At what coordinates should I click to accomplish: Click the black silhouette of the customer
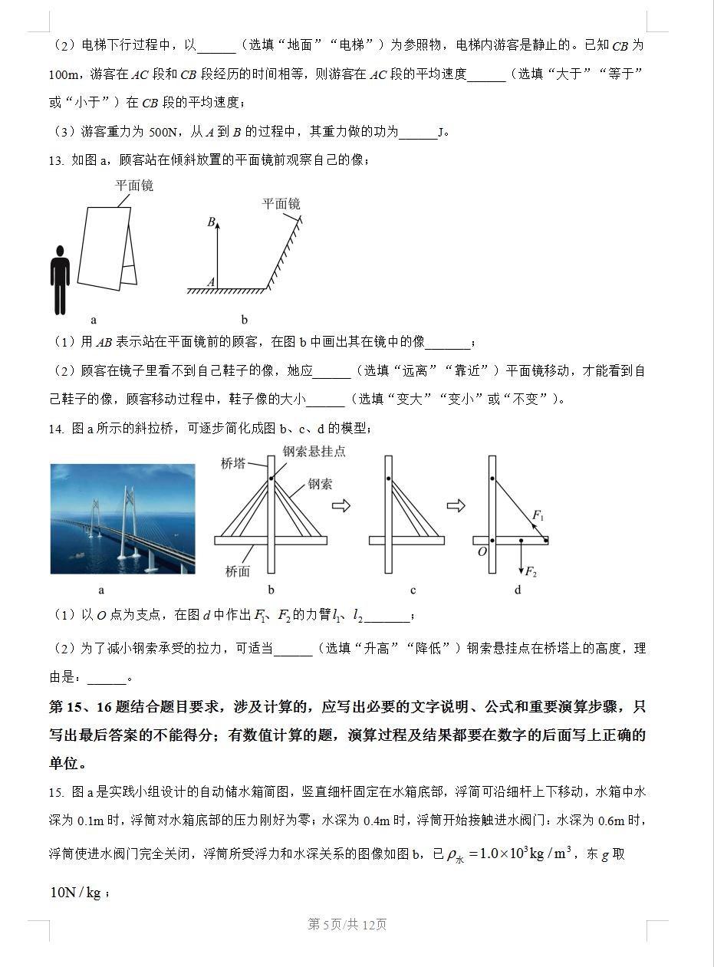coord(60,280)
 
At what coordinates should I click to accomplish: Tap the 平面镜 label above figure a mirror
coord(134,186)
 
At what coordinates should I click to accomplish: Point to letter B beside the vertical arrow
coord(211,222)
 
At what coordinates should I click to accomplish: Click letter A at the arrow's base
coord(211,282)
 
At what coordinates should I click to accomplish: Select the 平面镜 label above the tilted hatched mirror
coord(281,204)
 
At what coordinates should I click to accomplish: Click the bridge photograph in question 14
coord(123,518)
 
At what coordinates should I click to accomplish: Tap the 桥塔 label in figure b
coord(233,463)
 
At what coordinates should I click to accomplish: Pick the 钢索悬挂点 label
coord(314,451)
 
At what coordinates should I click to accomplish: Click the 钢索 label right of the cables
coord(320,484)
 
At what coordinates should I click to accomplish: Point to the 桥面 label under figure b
coord(238,571)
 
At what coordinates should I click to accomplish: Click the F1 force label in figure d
coord(538,515)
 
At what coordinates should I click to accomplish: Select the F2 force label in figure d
coord(531,573)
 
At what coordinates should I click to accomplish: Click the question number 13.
coord(55,160)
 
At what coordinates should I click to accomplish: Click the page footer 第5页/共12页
coord(347,924)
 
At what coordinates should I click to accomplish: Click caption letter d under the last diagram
coord(518,590)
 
